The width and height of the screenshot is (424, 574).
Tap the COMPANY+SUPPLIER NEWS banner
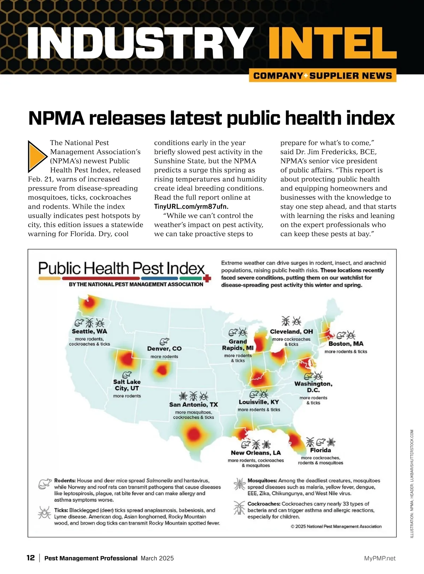tap(323, 76)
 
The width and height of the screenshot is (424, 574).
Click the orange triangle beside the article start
tap(37, 155)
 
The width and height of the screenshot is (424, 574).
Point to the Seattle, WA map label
tap(89, 331)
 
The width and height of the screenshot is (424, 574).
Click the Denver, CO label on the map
tap(164, 349)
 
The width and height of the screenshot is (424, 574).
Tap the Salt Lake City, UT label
tap(127, 385)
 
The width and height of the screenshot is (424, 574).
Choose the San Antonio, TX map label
tap(194, 405)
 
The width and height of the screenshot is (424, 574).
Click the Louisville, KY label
tap(259, 402)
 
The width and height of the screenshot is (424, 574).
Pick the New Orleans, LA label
tap(256, 453)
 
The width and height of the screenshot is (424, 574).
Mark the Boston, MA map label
tap(346, 344)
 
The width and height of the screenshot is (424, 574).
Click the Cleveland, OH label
tap(291, 332)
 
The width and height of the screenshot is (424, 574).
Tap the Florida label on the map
tap(320, 450)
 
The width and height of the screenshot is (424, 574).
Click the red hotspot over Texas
tap(193, 433)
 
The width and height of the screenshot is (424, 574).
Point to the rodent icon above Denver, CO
tap(164, 341)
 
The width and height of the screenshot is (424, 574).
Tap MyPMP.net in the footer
tap(380, 558)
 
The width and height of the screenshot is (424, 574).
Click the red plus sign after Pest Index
tap(208, 279)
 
